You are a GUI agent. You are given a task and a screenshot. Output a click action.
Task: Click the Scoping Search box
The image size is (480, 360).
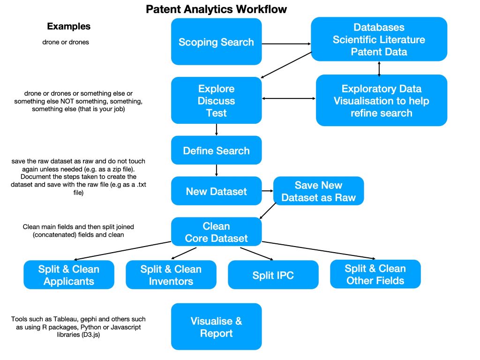coord(216,42)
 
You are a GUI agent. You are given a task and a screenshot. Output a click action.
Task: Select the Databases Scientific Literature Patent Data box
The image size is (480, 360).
coord(379,39)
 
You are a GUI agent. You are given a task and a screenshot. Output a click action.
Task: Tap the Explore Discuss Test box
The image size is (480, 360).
coord(216,101)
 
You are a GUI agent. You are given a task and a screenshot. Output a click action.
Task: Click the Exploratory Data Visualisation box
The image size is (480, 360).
coord(381,101)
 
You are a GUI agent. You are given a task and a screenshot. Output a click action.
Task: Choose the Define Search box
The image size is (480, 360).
coord(216,150)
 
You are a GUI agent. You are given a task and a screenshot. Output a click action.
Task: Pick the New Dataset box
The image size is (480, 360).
coord(216,191)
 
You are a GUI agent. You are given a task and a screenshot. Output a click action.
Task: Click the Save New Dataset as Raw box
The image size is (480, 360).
coord(318,191)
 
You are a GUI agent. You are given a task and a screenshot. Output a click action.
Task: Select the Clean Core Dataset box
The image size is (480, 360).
coord(216,232)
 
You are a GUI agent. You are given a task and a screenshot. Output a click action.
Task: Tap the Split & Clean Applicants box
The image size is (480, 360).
coord(69,275)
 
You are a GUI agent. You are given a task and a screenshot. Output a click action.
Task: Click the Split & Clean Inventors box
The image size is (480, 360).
coord(171,275)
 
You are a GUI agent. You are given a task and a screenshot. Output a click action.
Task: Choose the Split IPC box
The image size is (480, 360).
coord(273,275)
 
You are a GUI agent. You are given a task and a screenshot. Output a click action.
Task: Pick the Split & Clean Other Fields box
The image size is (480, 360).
coord(375,274)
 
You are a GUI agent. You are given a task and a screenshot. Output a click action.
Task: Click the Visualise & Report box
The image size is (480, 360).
coord(216,327)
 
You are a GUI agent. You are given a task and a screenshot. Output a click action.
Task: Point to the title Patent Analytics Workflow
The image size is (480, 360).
coord(217,9)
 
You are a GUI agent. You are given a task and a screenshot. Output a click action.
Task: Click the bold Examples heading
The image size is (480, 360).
coord(69,26)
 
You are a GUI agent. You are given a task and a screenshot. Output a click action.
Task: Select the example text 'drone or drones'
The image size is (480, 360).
coord(66,42)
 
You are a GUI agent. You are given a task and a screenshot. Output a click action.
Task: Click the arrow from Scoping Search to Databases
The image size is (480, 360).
coord(286,45)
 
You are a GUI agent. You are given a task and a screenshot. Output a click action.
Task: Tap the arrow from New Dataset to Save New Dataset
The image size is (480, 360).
coord(267,191)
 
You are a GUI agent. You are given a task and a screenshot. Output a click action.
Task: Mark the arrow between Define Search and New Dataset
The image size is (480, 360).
coord(216,170)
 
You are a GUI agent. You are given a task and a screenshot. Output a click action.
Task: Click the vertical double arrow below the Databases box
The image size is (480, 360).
coord(379,68)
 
